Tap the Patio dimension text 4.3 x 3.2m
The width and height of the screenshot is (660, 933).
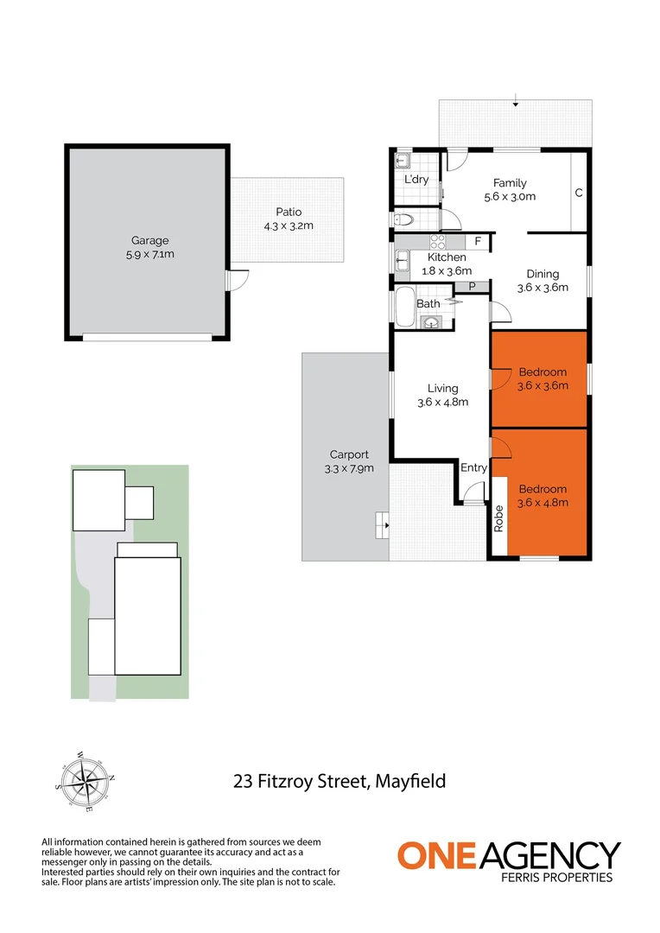point(289,226)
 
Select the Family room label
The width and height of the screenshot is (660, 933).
point(510,183)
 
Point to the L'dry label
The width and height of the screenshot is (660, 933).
point(417,180)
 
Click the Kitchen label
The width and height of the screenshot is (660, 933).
point(447,257)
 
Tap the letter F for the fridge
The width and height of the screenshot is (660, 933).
point(479,241)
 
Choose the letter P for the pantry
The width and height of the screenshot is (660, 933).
point(472,287)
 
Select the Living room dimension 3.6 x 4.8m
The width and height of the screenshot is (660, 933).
point(443,402)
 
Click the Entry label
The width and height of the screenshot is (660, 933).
point(473,468)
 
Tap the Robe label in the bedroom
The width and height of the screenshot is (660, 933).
point(498,517)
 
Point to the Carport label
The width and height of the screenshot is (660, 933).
point(349,454)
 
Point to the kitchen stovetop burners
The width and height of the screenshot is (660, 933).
point(437,242)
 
